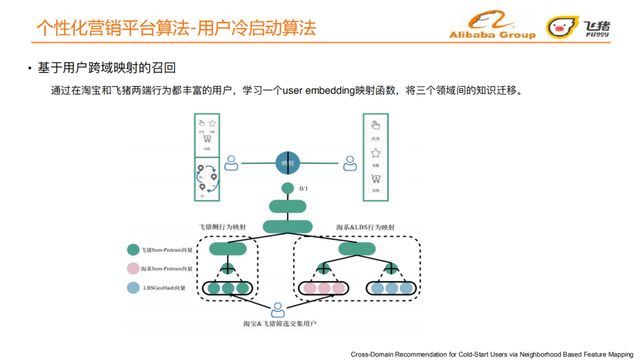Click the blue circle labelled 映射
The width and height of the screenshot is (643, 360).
[x=288, y=162]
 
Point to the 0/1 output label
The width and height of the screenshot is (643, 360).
[x=304, y=189]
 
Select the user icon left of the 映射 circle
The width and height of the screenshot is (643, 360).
[x=230, y=163]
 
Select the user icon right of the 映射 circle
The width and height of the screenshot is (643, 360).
[x=350, y=163]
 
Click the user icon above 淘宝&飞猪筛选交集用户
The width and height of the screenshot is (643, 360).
[x=278, y=310]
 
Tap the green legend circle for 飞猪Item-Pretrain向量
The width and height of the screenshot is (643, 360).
[x=133, y=250]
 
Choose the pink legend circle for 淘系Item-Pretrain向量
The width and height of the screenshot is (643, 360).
[x=133, y=269]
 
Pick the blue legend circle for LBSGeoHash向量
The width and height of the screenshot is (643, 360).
[x=133, y=288]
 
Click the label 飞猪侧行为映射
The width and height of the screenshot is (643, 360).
[x=222, y=227]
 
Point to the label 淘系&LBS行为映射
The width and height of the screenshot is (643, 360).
[x=366, y=227]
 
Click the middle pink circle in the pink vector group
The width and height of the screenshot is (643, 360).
[x=324, y=289]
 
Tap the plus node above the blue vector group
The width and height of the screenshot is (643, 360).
[x=391, y=268]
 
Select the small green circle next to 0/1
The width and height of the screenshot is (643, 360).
[x=288, y=189]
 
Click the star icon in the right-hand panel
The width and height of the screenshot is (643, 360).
[x=376, y=153]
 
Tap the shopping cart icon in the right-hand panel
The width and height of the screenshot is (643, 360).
[x=376, y=179]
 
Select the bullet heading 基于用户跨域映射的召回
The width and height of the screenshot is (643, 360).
[x=107, y=68]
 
